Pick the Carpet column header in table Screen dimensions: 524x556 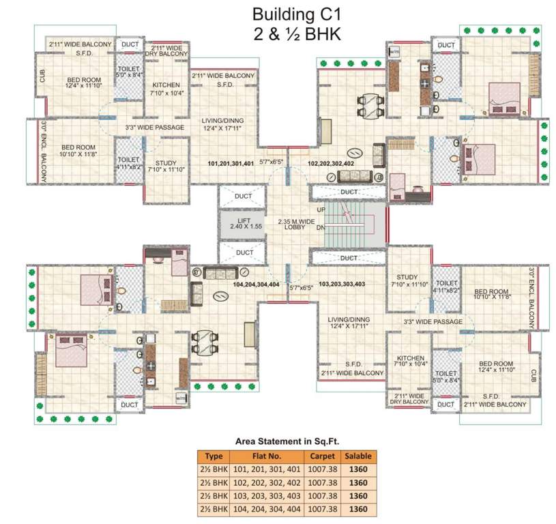coord(322,456)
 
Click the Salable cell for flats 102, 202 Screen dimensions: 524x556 coord(357,482)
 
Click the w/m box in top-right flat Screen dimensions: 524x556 coord(394,52)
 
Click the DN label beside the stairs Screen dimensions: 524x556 coord(321,228)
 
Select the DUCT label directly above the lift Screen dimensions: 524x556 coord(244,196)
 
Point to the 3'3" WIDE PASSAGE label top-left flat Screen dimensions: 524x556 coord(154,128)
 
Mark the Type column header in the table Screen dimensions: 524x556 coord(214,456)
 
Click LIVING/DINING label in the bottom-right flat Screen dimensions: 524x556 coord(349,322)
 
